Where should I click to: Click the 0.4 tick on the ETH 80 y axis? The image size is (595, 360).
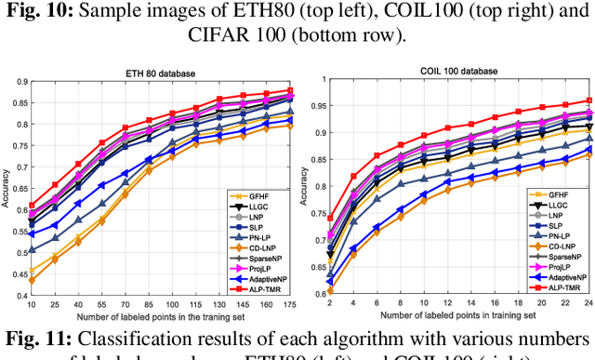(x=20, y=296)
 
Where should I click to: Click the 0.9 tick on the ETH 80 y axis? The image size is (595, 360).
(x=20, y=82)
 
